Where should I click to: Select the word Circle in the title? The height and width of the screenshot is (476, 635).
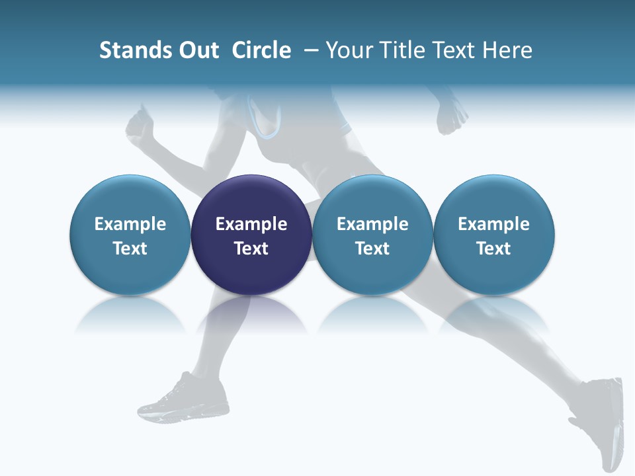(261, 50)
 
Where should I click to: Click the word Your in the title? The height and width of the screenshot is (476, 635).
(348, 50)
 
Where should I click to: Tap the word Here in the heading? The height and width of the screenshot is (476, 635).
(507, 50)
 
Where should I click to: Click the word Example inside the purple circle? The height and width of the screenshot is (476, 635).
(251, 224)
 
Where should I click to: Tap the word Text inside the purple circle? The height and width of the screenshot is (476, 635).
(251, 249)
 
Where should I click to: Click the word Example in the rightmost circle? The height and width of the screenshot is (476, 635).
(493, 224)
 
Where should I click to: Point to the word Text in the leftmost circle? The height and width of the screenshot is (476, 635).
(130, 249)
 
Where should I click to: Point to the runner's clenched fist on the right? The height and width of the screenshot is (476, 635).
(451, 118)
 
